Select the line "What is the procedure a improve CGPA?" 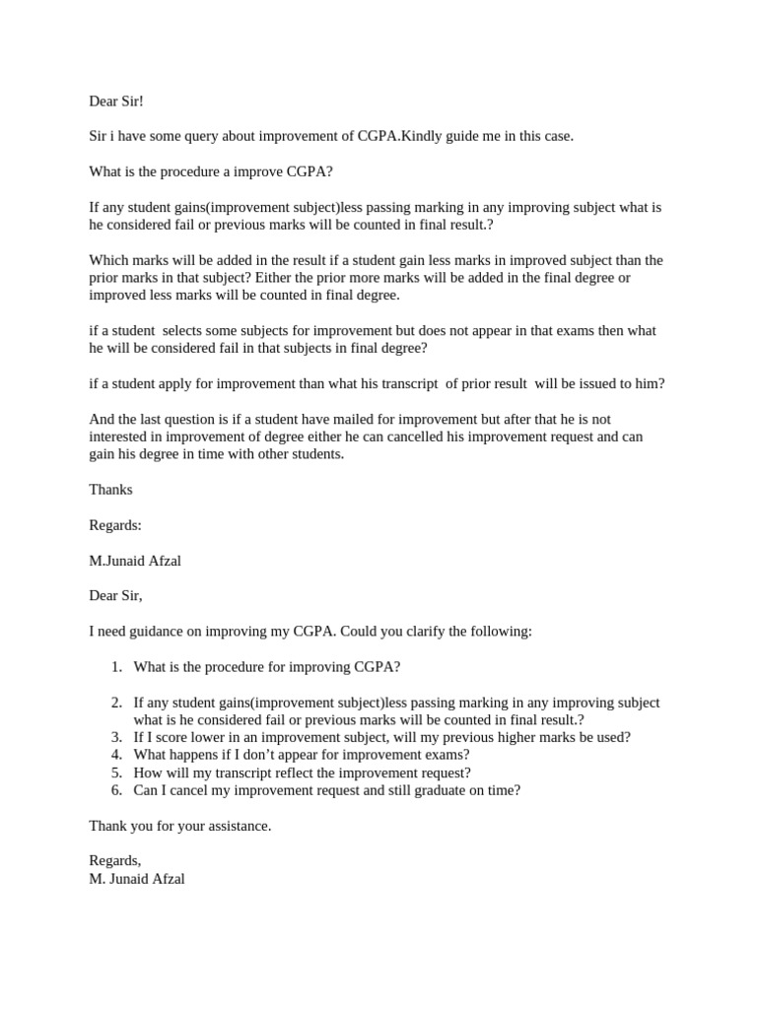tap(211, 171)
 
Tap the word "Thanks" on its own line tap(110, 489)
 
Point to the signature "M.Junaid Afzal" tap(135, 561)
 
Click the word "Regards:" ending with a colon tap(115, 525)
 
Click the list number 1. tap(116, 667)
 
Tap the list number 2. tap(116, 703)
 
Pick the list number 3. tap(116, 737)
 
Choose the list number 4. tap(116, 755)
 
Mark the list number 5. tap(116, 773)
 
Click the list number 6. tap(116, 790)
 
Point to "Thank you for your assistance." tap(180, 826)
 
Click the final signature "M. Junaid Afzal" tap(137, 879)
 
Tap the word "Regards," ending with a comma tap(115, 861)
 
